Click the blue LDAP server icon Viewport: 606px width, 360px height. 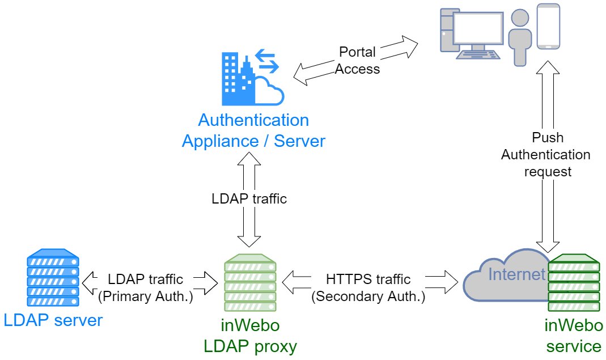(53, 280)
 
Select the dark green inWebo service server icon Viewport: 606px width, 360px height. (574, 283)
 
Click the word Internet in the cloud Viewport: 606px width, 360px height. (516, 274)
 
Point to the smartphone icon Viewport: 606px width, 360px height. (548, 27)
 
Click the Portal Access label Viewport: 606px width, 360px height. (357, 60)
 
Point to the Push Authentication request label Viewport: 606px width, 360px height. (545, 154)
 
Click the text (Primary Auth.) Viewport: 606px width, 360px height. (145, 297)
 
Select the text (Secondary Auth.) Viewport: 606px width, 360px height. (368, 297)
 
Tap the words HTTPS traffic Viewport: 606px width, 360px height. (368, 279)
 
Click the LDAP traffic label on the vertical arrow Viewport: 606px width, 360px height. (249, 198)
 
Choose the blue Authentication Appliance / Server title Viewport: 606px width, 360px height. (253, 130)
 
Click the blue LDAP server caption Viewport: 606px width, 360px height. (53, 320)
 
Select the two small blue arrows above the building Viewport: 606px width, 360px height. (266, 61)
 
